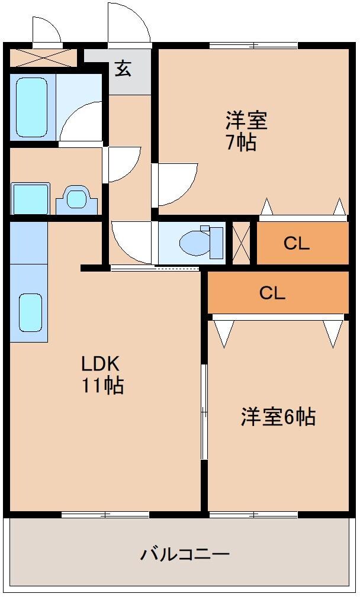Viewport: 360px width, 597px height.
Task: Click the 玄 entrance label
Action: tap(123, 69)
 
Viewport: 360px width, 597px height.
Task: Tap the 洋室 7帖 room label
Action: tap(246, 131)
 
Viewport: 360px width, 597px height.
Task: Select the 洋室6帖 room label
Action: tap(278, 417)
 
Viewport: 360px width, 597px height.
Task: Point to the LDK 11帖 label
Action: tap(102, 374)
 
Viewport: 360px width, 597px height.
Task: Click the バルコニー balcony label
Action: tap(185, 554)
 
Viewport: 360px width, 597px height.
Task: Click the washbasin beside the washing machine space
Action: tap(76, 199)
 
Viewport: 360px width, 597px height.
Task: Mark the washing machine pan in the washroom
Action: tap(30, 199)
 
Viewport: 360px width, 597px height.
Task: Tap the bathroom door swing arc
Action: tap(82, 122)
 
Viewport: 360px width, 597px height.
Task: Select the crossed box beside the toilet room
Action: tap(242, 243)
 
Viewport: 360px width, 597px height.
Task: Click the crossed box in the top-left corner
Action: tap(43, 57)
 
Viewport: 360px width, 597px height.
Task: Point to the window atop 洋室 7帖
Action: tap(253, 45)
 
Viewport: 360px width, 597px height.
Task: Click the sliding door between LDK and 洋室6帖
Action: tap(204, 411)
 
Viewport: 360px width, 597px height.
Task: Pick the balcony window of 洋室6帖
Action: tap(253, 515)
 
